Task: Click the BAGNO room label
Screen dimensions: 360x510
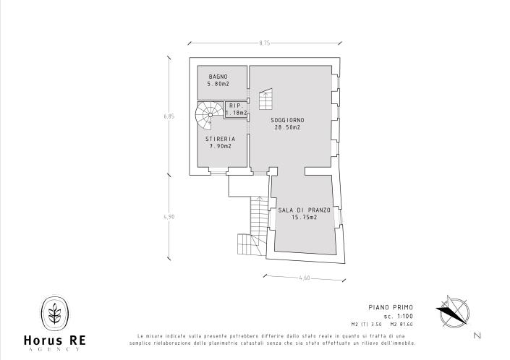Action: (218, 77)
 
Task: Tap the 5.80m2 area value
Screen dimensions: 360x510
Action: (218, 84)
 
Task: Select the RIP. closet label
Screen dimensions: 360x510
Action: (236, 106)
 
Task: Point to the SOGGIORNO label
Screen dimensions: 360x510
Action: (286, 120)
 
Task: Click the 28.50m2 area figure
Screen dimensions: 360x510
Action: (286, 127)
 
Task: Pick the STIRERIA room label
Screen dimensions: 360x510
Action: (220, 139)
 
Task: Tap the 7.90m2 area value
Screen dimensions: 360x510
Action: (220, 146)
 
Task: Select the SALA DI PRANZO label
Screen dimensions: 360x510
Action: (305, 210)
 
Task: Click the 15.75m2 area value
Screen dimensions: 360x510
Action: (305, 217)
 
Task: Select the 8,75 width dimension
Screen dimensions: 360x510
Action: (264, 43)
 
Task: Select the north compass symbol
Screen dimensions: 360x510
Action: (453, 312)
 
